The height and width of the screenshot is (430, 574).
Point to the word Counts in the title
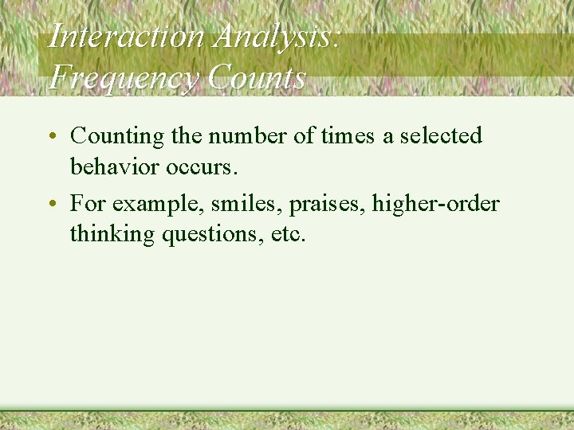256,78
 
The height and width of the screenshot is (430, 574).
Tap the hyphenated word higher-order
435,205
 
